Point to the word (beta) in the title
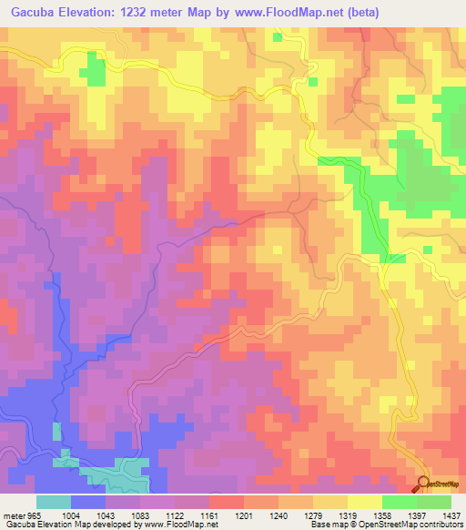pos(358,13)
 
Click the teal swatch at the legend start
pos(53,502)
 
